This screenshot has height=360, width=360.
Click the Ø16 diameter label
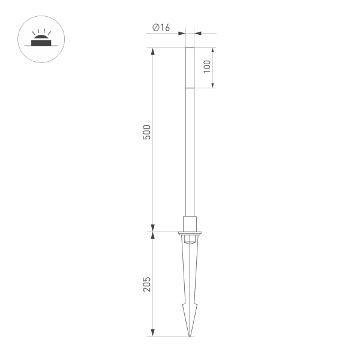(x=161, y=27)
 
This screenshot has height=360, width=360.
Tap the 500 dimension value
(x=147, y=133)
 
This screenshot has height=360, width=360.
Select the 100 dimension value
(x=208, y=67)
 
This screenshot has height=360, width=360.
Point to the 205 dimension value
(x=147, y=284)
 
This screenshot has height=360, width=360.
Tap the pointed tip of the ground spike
(x=190, y=334)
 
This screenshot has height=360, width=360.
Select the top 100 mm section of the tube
(x=190, y=68)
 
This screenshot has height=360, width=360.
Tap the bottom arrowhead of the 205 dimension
(x=154, y=332)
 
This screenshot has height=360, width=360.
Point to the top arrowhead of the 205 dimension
(x=154, y=235)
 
